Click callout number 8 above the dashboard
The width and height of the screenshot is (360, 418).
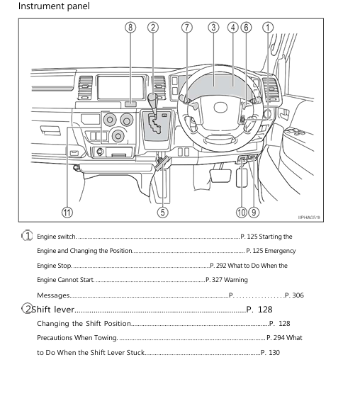coord(130,28)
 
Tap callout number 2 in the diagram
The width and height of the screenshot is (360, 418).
coord(153,28)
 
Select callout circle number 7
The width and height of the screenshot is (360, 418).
coord(187,28)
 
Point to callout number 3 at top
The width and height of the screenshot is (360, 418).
coord(213,28)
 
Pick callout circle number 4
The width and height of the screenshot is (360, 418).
coord(233,28)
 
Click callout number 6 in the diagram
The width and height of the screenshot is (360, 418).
coord(246,28)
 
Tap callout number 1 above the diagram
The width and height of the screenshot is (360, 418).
coord(268,28)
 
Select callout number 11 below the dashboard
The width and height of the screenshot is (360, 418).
coord(67,211)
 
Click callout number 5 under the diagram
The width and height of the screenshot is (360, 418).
coord(163,211)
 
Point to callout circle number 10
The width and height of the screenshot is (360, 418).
coord(242,211)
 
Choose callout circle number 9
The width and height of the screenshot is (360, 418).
coord(254,211)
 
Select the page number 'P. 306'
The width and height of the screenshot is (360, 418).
coord(293,295)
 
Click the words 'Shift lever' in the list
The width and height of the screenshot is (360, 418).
coord(54,310)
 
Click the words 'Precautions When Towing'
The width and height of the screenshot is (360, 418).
coord(77,338)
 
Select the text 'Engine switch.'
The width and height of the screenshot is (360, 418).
coord(57,237)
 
